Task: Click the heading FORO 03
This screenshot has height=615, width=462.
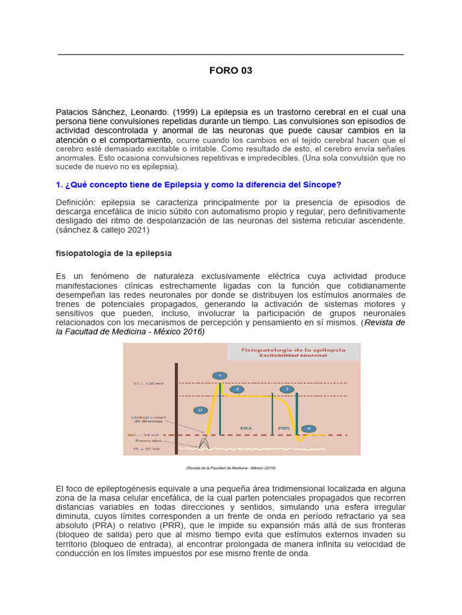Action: click(x=230, y=70)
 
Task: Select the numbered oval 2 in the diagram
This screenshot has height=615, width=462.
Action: click(x=237, y=389)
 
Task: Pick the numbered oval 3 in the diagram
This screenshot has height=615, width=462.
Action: click(x=288, y=389)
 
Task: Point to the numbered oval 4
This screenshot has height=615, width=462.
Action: click(x=309, y=428)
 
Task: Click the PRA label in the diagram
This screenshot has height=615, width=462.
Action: click(x=246, y=428)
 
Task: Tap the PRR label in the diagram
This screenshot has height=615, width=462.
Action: click(x=284, y=428)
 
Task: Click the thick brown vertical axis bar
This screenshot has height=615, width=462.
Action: click(x=176, y=408)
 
